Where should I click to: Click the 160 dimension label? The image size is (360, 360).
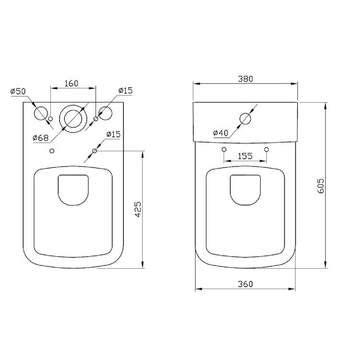pos(71,84)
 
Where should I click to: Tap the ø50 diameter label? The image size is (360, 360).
pos(18,91)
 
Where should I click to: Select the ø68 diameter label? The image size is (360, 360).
pos(41,138)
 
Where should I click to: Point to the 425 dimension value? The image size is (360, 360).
pos(137,210)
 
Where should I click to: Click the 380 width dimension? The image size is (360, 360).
pos(245,78)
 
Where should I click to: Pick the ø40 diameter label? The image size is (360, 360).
pos(220,133)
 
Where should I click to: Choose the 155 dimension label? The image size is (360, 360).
pos(245,156)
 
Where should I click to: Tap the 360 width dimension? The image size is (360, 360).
pos(245,284)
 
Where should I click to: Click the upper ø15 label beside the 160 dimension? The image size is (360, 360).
pos(126,91)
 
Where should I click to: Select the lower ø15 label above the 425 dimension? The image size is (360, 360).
pos(113,134)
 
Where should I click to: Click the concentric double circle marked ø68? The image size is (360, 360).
pos(73,117)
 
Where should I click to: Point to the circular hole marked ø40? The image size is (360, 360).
pos(245,118)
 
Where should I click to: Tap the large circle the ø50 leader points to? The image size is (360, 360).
pos(40,113)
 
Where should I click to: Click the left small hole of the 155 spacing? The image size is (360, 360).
pos(224,150)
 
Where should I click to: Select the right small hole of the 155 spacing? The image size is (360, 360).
pos(266,150)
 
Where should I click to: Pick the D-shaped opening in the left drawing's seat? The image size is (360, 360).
pos(73,189)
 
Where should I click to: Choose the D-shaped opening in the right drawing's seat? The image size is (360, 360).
pos(245,189)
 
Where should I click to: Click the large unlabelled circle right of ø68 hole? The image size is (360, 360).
pos(106,113)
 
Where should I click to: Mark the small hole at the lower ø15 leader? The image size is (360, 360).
pos(95,151)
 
